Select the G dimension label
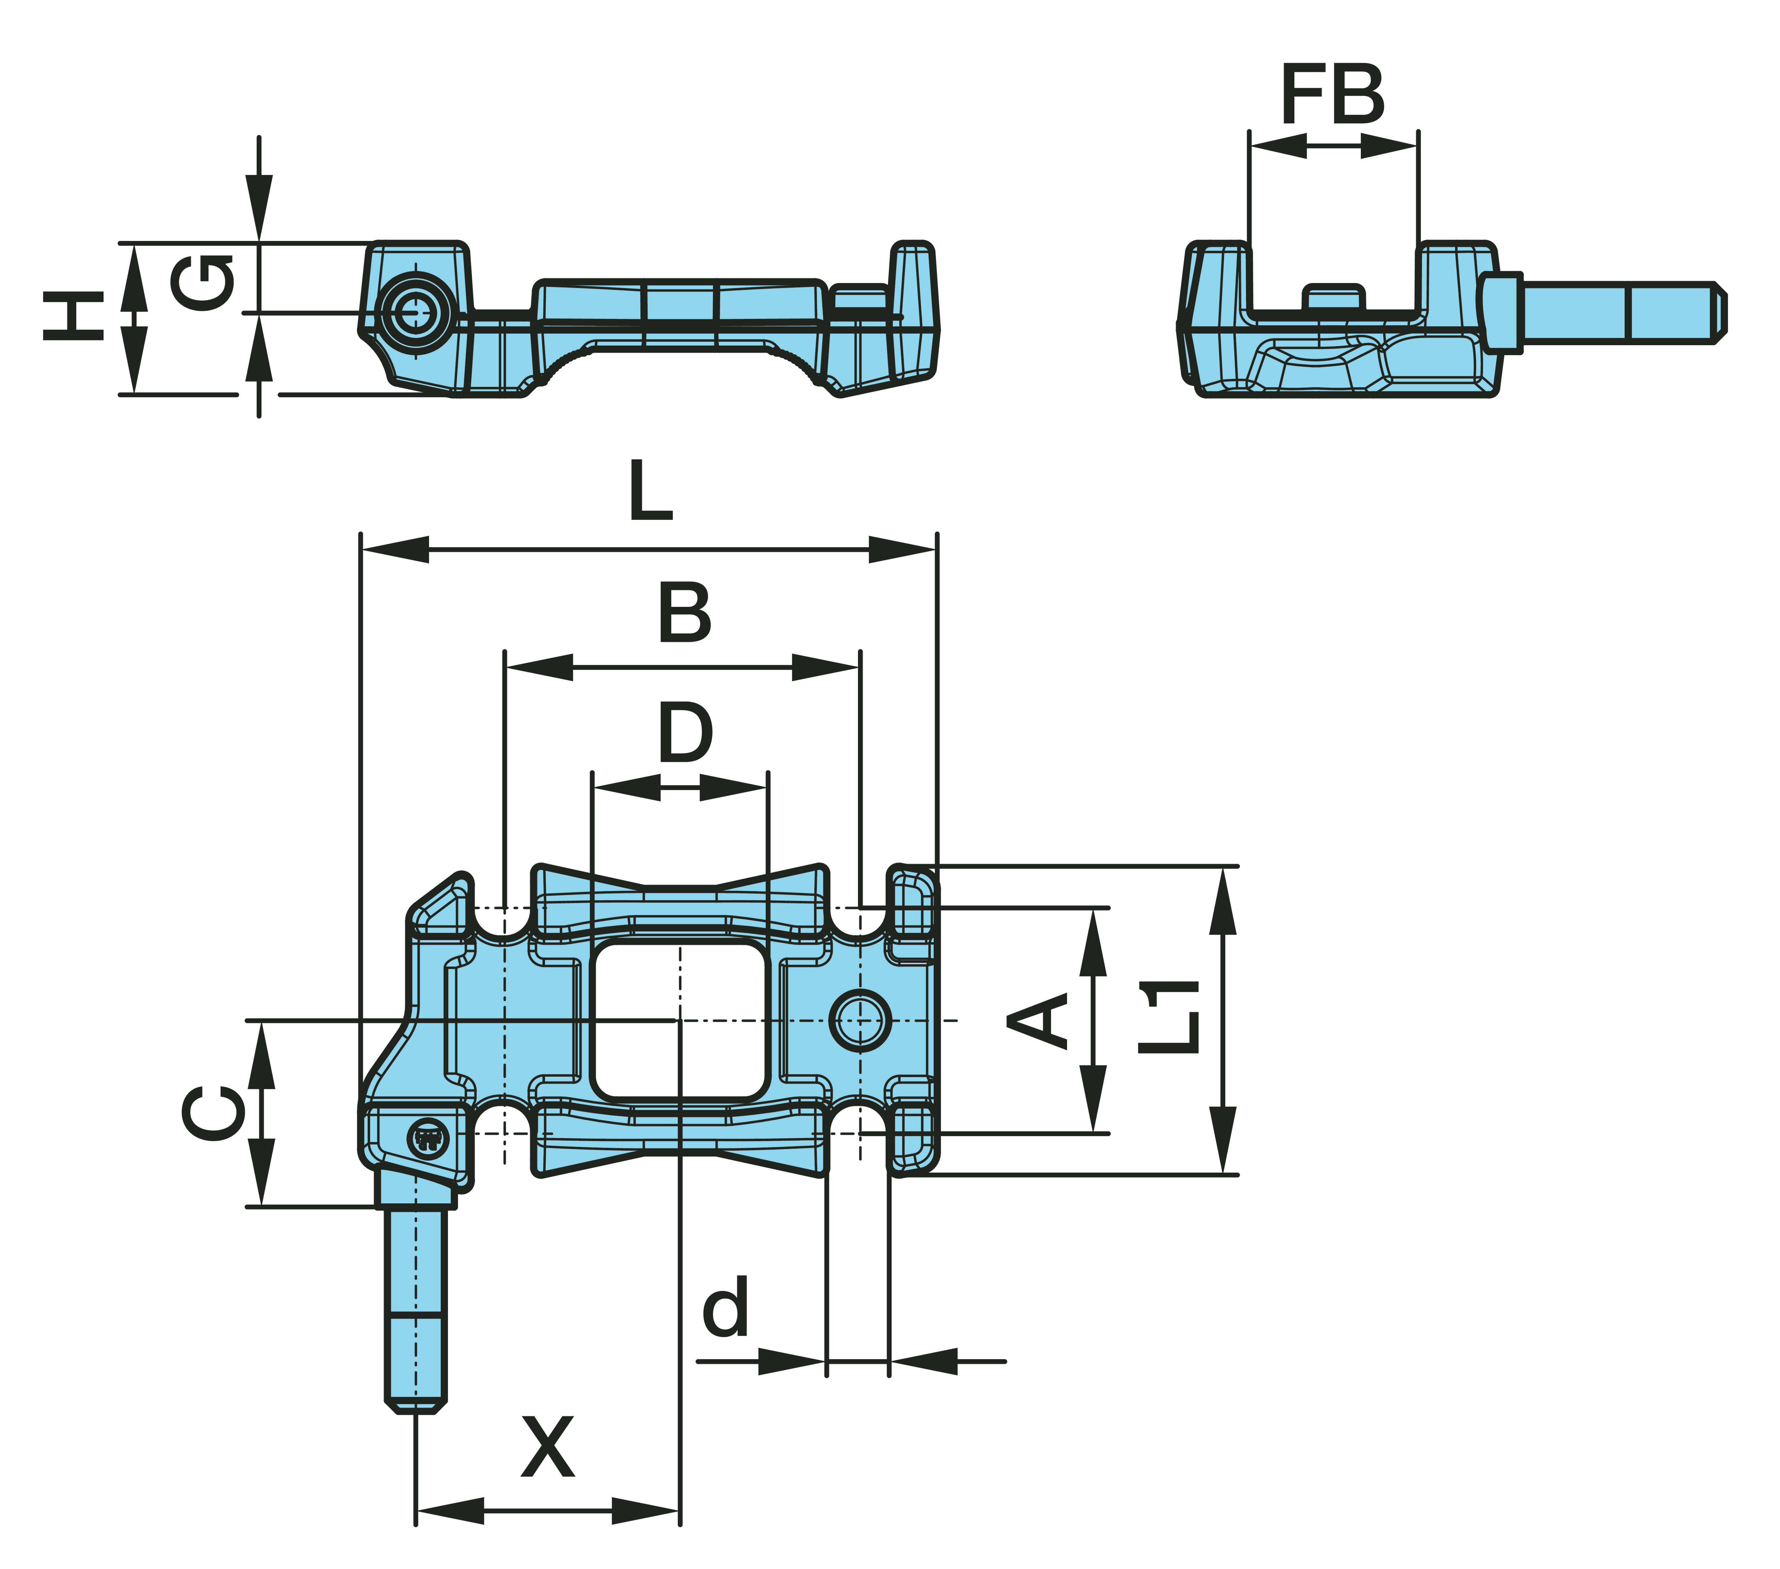[x=202, y=282]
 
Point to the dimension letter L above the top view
[x=651, y=491]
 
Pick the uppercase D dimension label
[x=685, y=733]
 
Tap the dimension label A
[x=1038, y=1019]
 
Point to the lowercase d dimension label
[x=725, y=1307]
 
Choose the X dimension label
[x=548, y=1447]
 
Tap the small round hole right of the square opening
[x=860, y=1019]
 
